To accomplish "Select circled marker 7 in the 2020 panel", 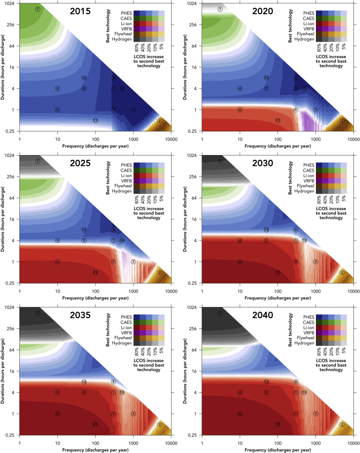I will tap(220, 9).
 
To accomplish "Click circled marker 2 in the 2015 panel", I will tap(160, 120).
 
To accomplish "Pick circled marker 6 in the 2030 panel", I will tap(240, 262).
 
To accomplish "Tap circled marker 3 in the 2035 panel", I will tap(133, 414).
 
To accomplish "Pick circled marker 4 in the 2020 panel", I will tap(240, 88).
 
